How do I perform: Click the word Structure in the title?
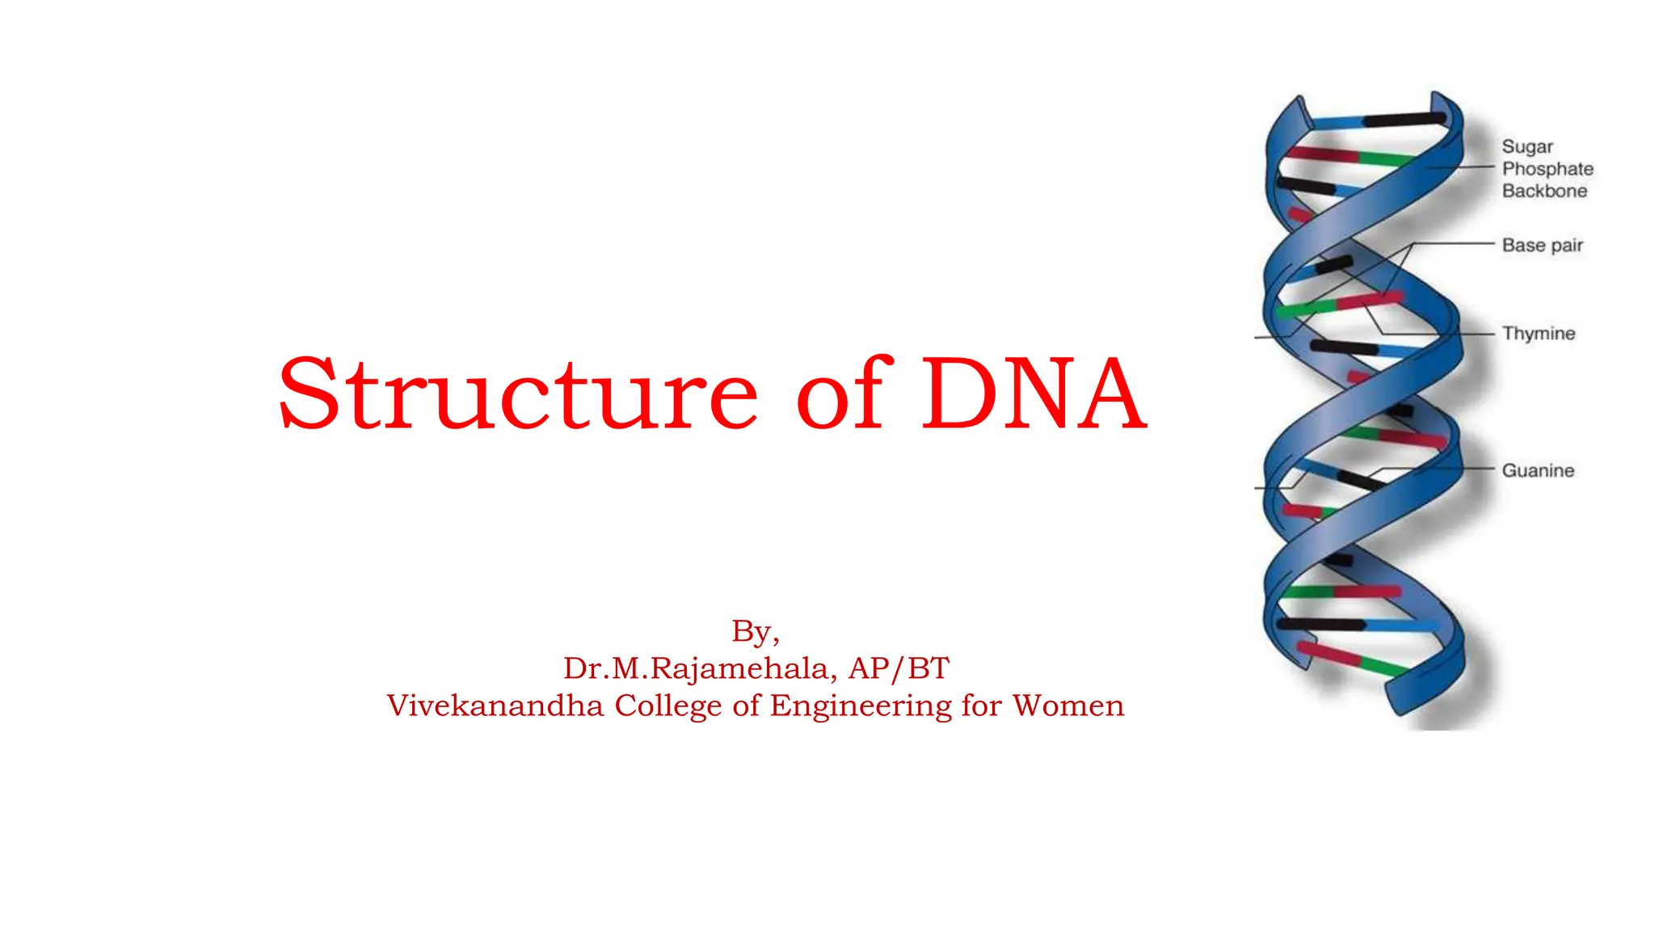coord(517,394)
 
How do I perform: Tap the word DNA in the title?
coord(1034,394)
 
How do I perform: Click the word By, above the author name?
coord(755,631)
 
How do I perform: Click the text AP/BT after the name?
coord(899,668)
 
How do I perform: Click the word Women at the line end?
coord(1068,706)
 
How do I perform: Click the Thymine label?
coord(1538,333)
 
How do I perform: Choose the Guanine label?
coord(1537,470)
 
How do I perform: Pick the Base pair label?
coord(1542,245)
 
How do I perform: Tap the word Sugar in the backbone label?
coord(1527,146)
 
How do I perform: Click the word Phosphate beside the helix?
coord(1547,169)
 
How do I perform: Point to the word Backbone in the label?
coord(1543,191)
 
